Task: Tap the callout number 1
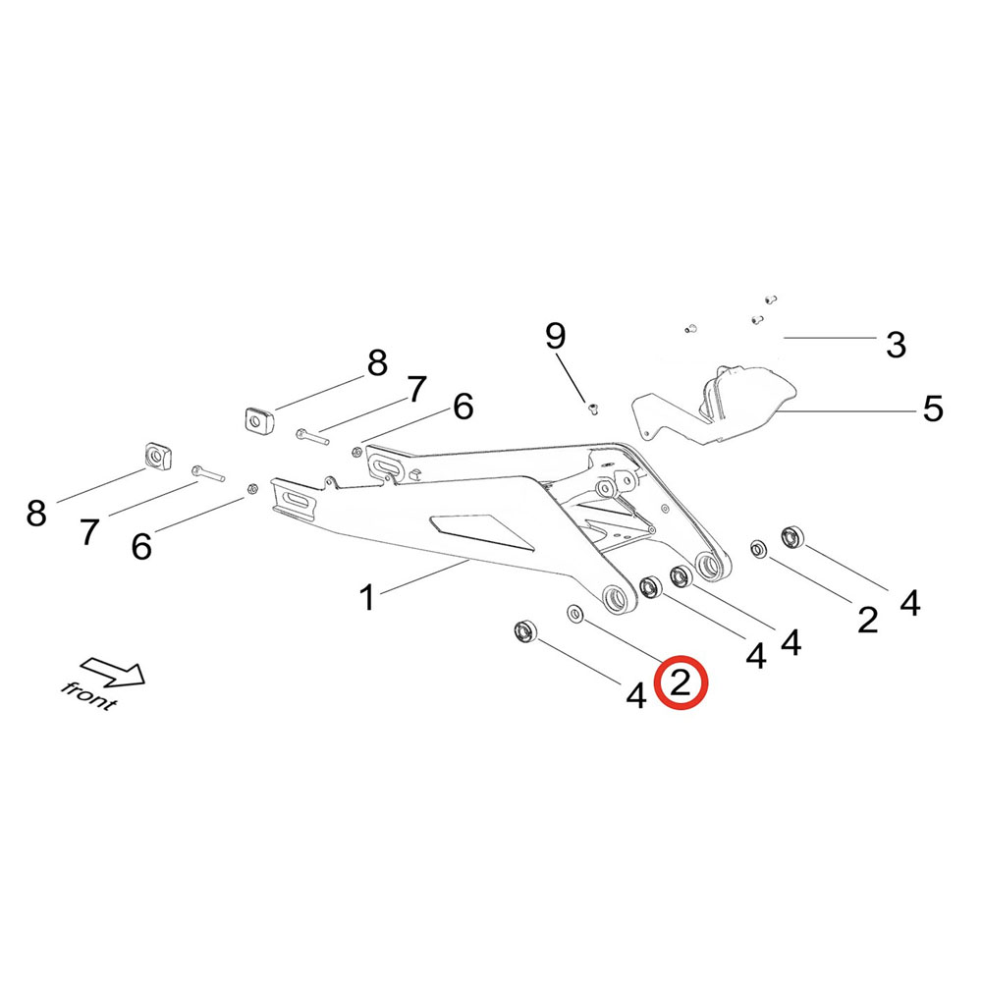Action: tap(366, 596)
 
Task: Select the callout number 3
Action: tap(895, 345)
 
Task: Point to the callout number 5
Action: tap(932, 408)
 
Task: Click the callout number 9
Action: tap(556, 337)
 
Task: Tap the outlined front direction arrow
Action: tap(113, 671)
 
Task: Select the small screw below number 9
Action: tap(592, 408)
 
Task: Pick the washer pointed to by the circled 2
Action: tap(574, 614)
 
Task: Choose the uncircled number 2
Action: tap(866, 619)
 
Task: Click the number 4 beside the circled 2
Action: tap(636, 696)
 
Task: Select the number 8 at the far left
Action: tap(36, 512)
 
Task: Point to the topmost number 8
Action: tap(377, 363)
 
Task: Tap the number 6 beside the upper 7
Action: tap(462, 406)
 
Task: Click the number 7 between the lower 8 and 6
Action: tap(89, 531)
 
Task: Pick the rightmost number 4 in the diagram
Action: tap(910, 602)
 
